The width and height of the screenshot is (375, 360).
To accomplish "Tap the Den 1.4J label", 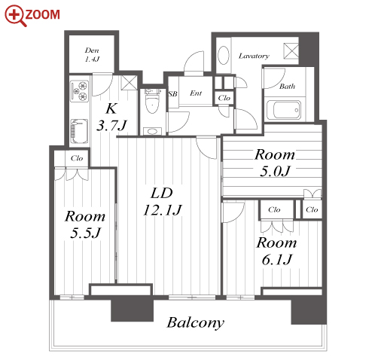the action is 92,55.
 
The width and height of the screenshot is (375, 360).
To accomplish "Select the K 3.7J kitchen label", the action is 111,117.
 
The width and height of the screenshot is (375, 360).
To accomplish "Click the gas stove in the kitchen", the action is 80,91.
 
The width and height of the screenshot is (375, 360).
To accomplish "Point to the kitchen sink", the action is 79,131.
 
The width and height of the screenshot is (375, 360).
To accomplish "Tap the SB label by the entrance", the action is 173,94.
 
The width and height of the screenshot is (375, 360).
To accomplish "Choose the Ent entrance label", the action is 196,93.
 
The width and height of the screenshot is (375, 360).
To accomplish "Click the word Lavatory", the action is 254,56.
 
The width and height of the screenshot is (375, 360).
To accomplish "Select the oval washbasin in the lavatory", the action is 223,55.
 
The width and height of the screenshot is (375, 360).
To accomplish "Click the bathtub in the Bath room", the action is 284,110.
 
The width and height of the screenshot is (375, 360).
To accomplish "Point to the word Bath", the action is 287,87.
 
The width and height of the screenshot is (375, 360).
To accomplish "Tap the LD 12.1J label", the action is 162,202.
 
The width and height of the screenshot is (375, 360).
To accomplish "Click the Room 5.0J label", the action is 275,163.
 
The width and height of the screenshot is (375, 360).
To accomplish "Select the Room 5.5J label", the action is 85,224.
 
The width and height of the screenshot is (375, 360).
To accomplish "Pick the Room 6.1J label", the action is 276,251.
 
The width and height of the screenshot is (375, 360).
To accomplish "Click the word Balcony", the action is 196,323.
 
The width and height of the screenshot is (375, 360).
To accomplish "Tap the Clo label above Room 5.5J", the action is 77,158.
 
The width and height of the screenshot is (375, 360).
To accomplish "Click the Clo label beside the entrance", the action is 224,98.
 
